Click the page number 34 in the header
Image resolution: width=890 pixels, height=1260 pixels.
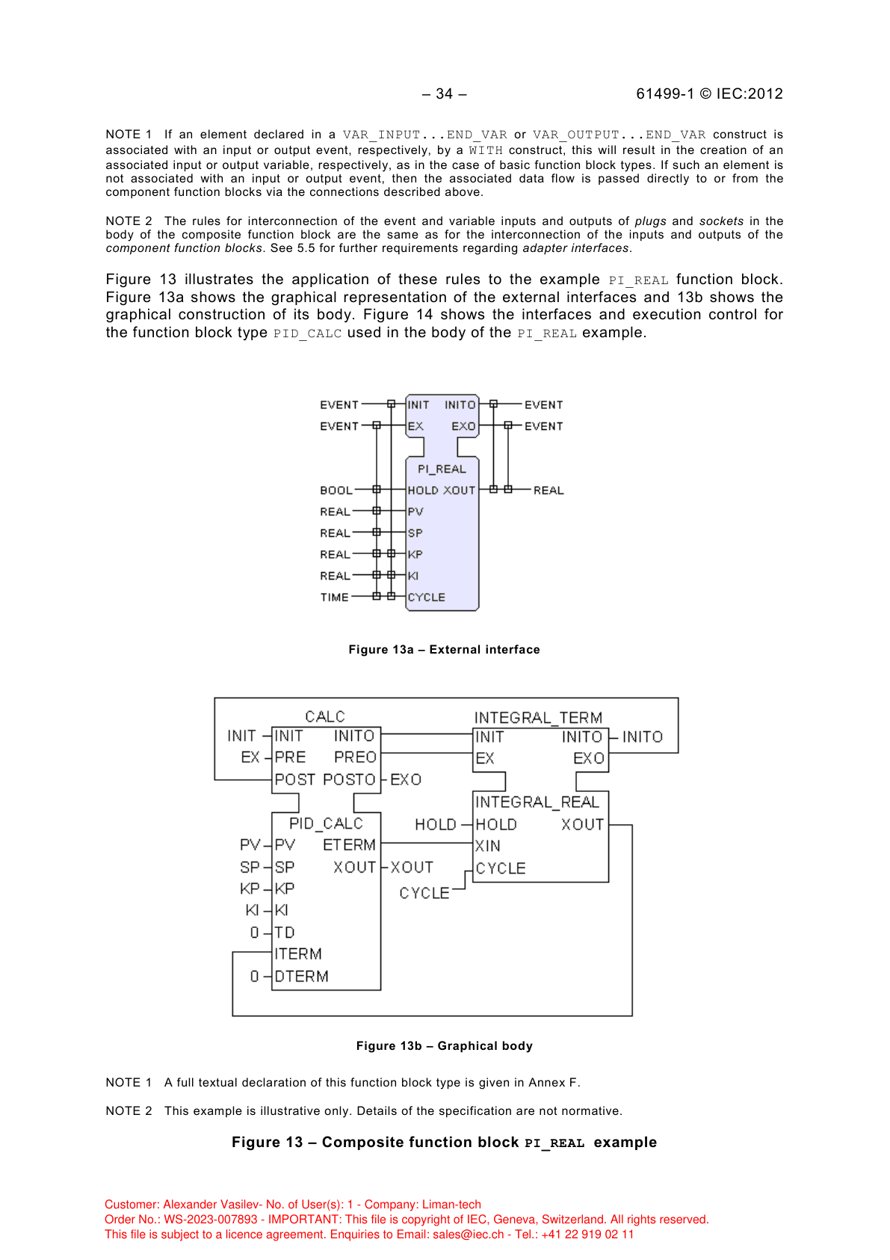coord(444,93)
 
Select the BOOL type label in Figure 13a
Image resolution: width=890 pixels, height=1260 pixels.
coord(336,491)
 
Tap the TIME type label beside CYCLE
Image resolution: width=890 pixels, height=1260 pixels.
coord(334,597)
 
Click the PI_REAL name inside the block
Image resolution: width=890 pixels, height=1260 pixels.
coord(442,469)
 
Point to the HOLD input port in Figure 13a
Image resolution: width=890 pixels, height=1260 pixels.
coord(422,491)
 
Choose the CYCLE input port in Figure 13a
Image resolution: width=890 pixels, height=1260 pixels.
coord(426,597)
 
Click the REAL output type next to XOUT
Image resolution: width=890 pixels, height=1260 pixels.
coord(548,491)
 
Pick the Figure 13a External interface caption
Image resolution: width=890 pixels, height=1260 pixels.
coord(444,650)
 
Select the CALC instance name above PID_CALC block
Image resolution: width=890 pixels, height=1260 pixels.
coord(324,716)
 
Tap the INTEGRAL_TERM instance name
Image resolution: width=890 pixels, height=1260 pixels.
coord(538,718)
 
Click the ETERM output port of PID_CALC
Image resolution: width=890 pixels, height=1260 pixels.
coord(349,845)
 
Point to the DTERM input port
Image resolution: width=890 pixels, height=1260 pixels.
coord(301,977)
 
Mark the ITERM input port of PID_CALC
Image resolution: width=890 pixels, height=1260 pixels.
coord(297,954)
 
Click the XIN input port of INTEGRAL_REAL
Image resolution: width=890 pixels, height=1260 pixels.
coord(487,846)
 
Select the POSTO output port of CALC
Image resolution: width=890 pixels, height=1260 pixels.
coord(349,779)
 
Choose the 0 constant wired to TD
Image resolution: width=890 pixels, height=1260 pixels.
coord(254,932)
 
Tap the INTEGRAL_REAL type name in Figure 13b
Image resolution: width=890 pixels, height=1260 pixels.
coord(537,802)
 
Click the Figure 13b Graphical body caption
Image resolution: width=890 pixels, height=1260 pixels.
coord(444,1046)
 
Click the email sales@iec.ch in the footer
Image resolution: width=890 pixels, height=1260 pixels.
coord(468,1235)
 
